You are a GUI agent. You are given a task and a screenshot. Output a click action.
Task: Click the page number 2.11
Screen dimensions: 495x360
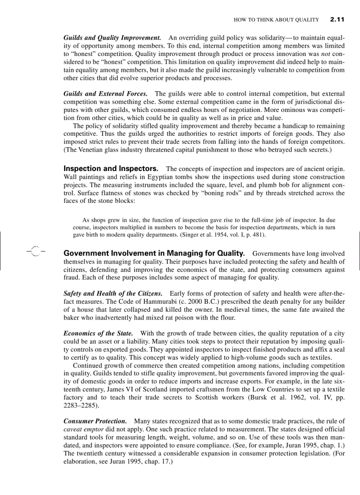click(337, 19)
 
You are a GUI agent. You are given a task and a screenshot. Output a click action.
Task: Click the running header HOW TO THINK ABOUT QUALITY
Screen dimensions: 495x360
click(276, 20)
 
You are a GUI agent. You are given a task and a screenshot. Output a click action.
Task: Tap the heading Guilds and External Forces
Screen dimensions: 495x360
click(105, 94)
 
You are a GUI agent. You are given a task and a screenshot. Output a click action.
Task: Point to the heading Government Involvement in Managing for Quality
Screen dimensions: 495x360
click(154, 253)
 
